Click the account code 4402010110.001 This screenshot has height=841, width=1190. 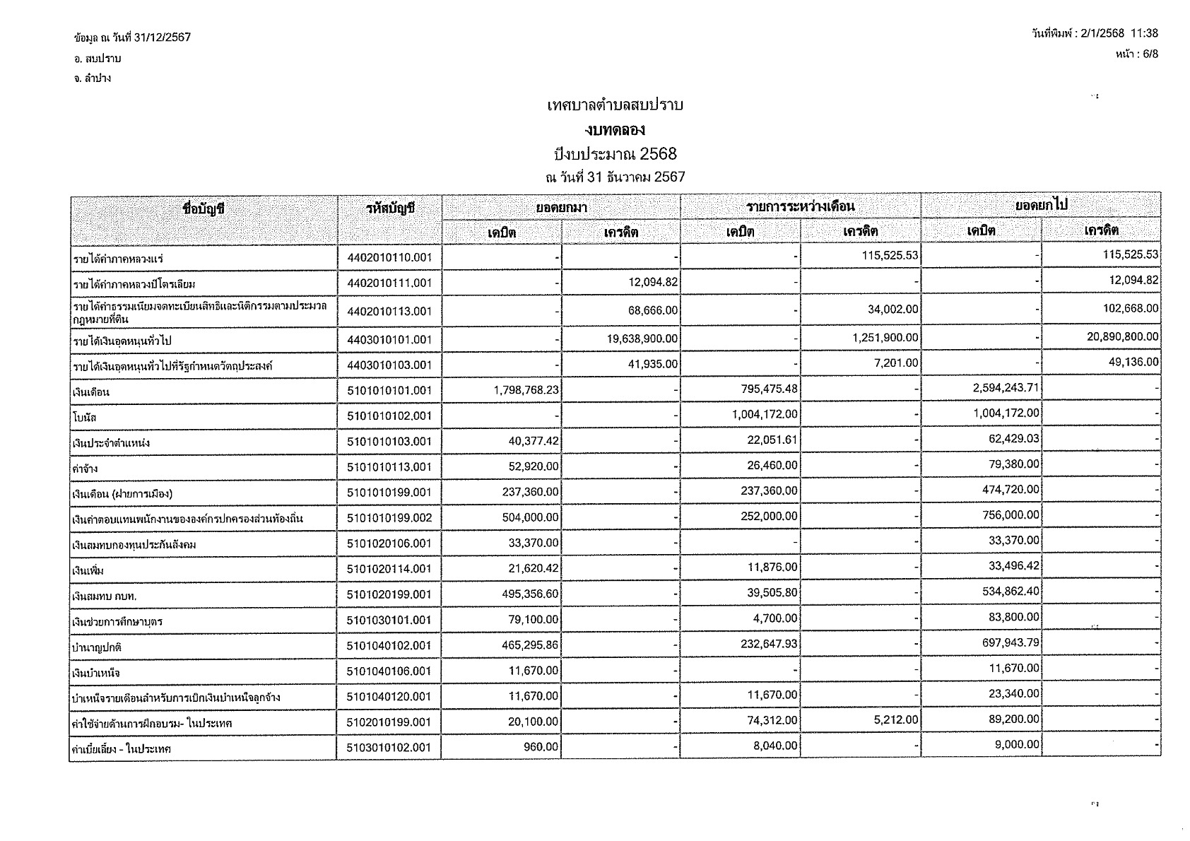pos(389,258)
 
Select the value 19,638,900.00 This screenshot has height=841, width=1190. pos(642,339)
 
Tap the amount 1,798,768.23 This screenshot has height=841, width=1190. pos(521,389)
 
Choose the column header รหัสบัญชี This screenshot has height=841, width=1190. pos(389,208)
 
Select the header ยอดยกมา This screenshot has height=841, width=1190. pos(561,207)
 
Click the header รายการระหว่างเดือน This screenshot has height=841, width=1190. pos(800,206)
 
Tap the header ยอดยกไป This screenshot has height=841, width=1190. pos(1040,205)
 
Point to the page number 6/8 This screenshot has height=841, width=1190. pos(1148,54)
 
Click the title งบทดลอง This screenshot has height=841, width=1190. pos(614,130)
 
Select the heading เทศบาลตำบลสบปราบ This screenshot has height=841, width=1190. pos(615,106)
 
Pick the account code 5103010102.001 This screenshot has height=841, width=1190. pos(389,748)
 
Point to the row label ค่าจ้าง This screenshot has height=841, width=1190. pos(86,469)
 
